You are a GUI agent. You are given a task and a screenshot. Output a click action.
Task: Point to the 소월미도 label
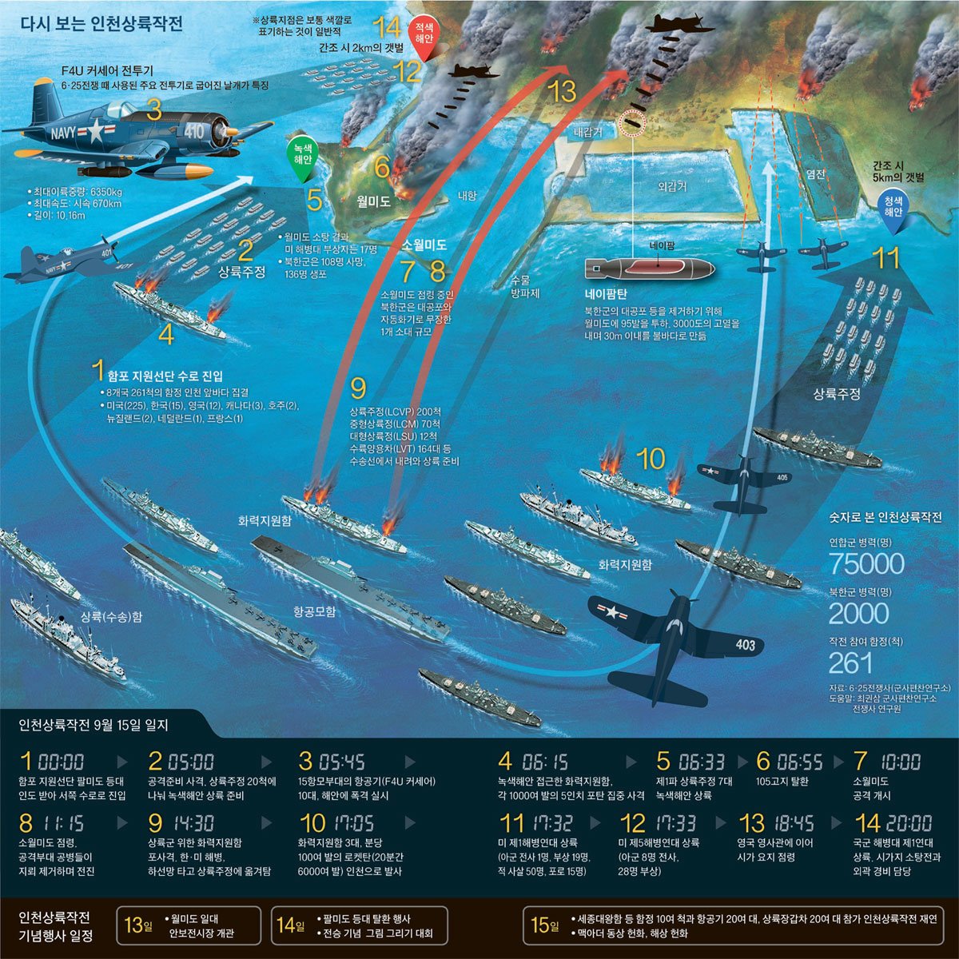click(424, 245)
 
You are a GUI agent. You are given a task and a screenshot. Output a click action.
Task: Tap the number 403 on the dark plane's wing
click(745, 644)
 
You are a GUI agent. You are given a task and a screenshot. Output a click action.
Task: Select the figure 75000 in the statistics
click(866, 564)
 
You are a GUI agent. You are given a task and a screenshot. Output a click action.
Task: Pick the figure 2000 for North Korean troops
click(858, 613)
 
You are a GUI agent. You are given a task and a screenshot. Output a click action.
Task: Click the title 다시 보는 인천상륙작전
click(101, 23)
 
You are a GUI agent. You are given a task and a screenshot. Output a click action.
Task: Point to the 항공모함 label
click(314, 612)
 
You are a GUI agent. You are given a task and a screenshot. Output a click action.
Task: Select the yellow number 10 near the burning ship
click(651, 459)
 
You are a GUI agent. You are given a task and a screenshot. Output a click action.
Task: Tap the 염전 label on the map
click(815, 173)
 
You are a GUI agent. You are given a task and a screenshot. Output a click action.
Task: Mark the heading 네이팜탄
click(607, 293)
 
